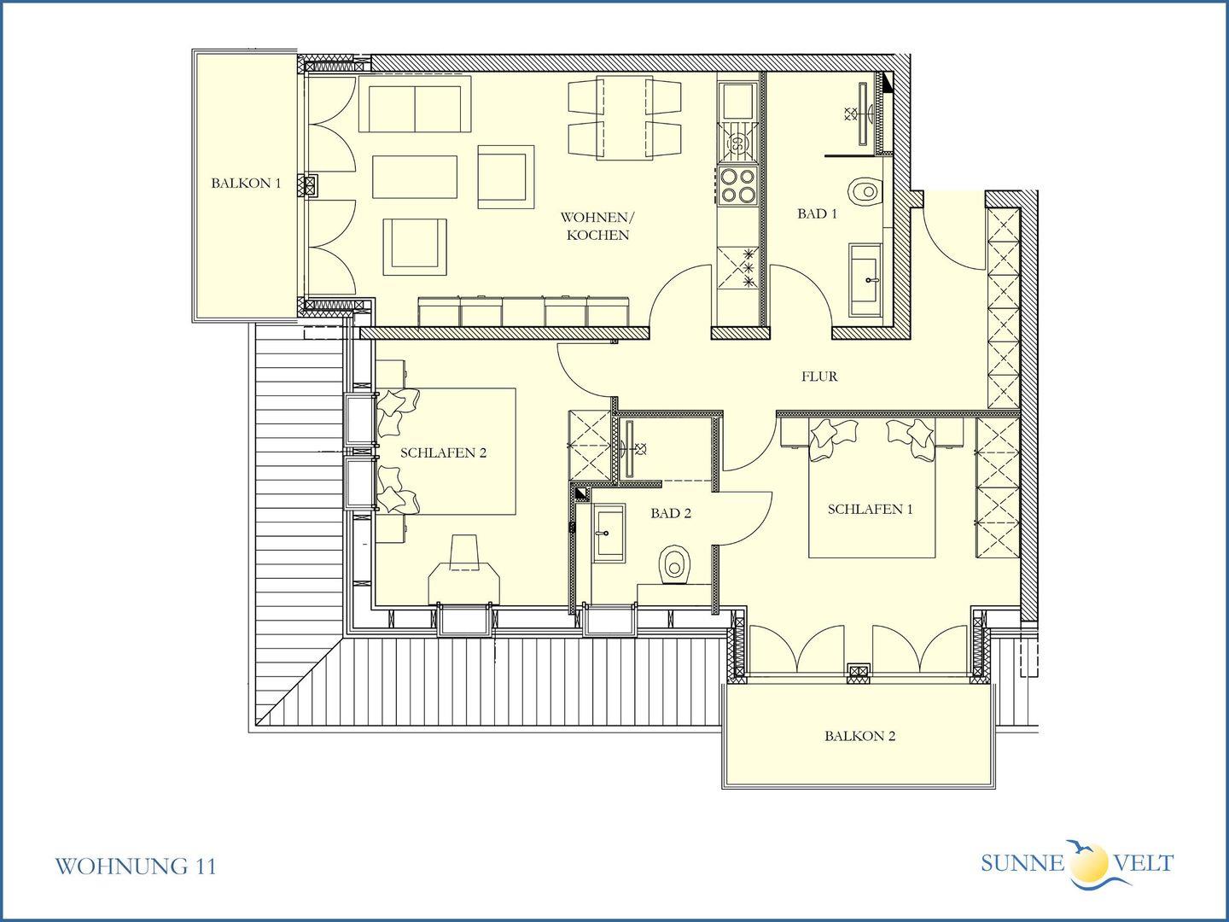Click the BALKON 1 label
tap(246, 183)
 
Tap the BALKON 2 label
tap(859, 736)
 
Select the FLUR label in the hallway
tap(819, 376)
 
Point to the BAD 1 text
tap(817, 213)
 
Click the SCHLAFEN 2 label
tap(444, 452)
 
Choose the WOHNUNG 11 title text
tap(135, 867)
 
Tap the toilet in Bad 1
tap(865, 191)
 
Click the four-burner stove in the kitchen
tap(737, 185)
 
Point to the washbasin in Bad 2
tap(609, 533)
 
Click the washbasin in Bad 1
tap(866, 279)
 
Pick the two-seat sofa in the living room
tap(414, 104)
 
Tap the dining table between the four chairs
tap(624, 118)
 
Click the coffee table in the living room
tap(415, 177)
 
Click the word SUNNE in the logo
tap(1022, 862)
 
